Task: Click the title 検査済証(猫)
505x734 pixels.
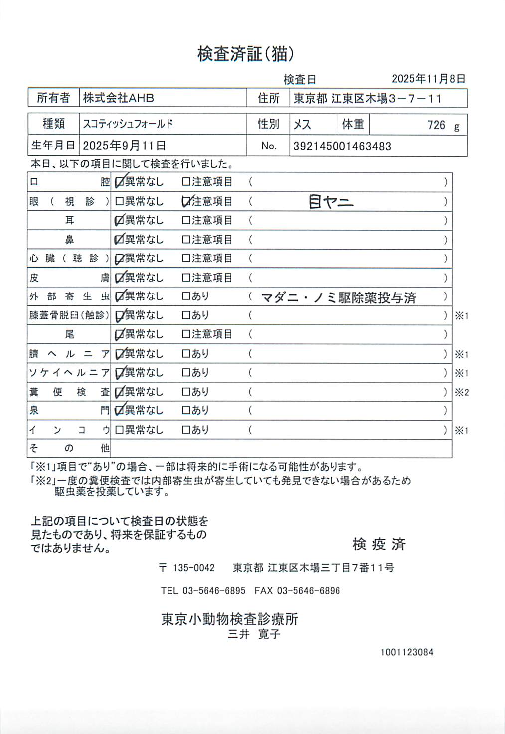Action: point(245,54)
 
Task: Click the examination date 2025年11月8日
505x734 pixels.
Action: point(428,79)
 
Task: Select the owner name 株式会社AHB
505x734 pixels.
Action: point(118,98)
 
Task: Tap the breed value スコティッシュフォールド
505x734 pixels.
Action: point(128,124)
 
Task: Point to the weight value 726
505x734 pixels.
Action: point(436,125)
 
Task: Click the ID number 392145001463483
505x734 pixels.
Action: point(342,147)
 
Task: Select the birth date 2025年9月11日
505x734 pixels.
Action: point(124,146)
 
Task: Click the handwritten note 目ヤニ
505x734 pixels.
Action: point(331,202)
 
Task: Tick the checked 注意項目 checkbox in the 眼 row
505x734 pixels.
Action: point(186,201)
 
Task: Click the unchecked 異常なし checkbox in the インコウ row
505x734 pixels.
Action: point(119,430)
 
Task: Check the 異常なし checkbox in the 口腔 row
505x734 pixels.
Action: point(119,182)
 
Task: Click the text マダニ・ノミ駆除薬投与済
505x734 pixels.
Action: point(338,298)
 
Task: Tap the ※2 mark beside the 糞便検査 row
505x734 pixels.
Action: point(462,392)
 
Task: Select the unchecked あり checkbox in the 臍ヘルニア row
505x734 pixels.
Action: point(186,354)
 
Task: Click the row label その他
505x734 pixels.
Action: point(69,448)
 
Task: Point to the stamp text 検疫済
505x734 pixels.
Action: point(379,544)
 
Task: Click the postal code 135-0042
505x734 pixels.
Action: point(193,568)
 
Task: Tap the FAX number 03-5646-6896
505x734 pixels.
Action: point(308,591)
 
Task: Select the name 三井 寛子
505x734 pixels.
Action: point(254,634)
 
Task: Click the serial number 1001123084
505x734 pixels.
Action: point(407,652)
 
